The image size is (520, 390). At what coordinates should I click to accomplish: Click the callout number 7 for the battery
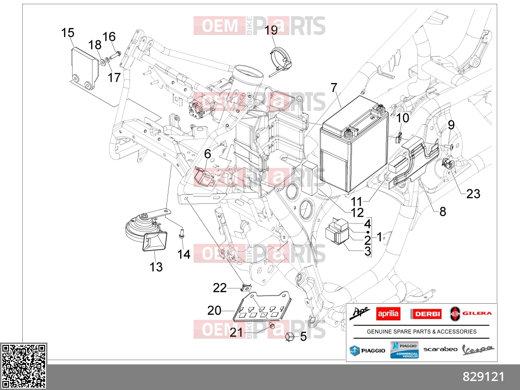(x=334, y=88)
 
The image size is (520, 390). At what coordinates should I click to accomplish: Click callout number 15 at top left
(x=68, y=33)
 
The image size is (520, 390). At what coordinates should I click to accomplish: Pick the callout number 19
(x=271, y=30)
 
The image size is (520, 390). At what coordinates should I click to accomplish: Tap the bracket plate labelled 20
(x=262, y=307)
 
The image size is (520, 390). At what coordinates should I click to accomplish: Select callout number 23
(x=473, y=194)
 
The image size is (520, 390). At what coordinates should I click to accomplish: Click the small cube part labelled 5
(x=289, y=337)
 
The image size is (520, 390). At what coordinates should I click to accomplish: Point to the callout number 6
(x=208, y=154)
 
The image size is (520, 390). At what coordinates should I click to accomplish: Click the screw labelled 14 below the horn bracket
(x=181, y=233)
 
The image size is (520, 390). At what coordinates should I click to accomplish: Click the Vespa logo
(x=478, y=350)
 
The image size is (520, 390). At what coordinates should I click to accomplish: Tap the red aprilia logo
(x=389, y=314)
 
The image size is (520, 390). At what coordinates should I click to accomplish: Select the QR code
(x=23, y=366)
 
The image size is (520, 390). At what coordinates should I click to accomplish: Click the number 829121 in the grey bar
(x=483, y=377)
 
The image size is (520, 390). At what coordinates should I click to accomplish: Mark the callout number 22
(x=220, y=288)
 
